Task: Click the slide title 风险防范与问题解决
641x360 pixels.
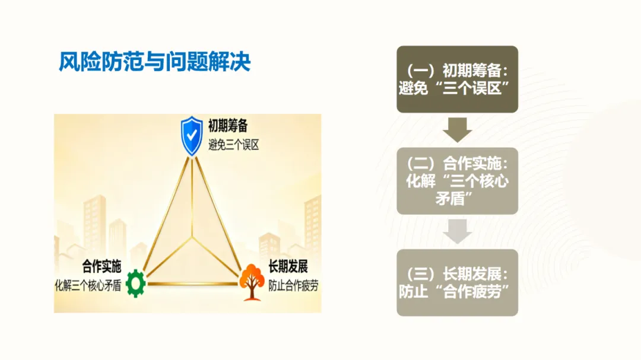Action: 155,62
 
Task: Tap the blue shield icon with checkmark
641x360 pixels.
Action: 191,135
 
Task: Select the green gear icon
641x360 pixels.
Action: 135,283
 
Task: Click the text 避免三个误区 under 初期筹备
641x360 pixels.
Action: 233,144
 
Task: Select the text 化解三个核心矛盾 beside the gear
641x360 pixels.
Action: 88,285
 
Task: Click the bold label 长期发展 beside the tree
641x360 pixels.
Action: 288,267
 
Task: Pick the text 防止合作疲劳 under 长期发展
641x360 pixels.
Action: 293,285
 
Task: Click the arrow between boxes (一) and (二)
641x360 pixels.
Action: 457,130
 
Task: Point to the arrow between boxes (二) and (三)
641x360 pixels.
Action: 457,231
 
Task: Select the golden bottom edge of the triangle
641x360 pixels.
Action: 192,284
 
